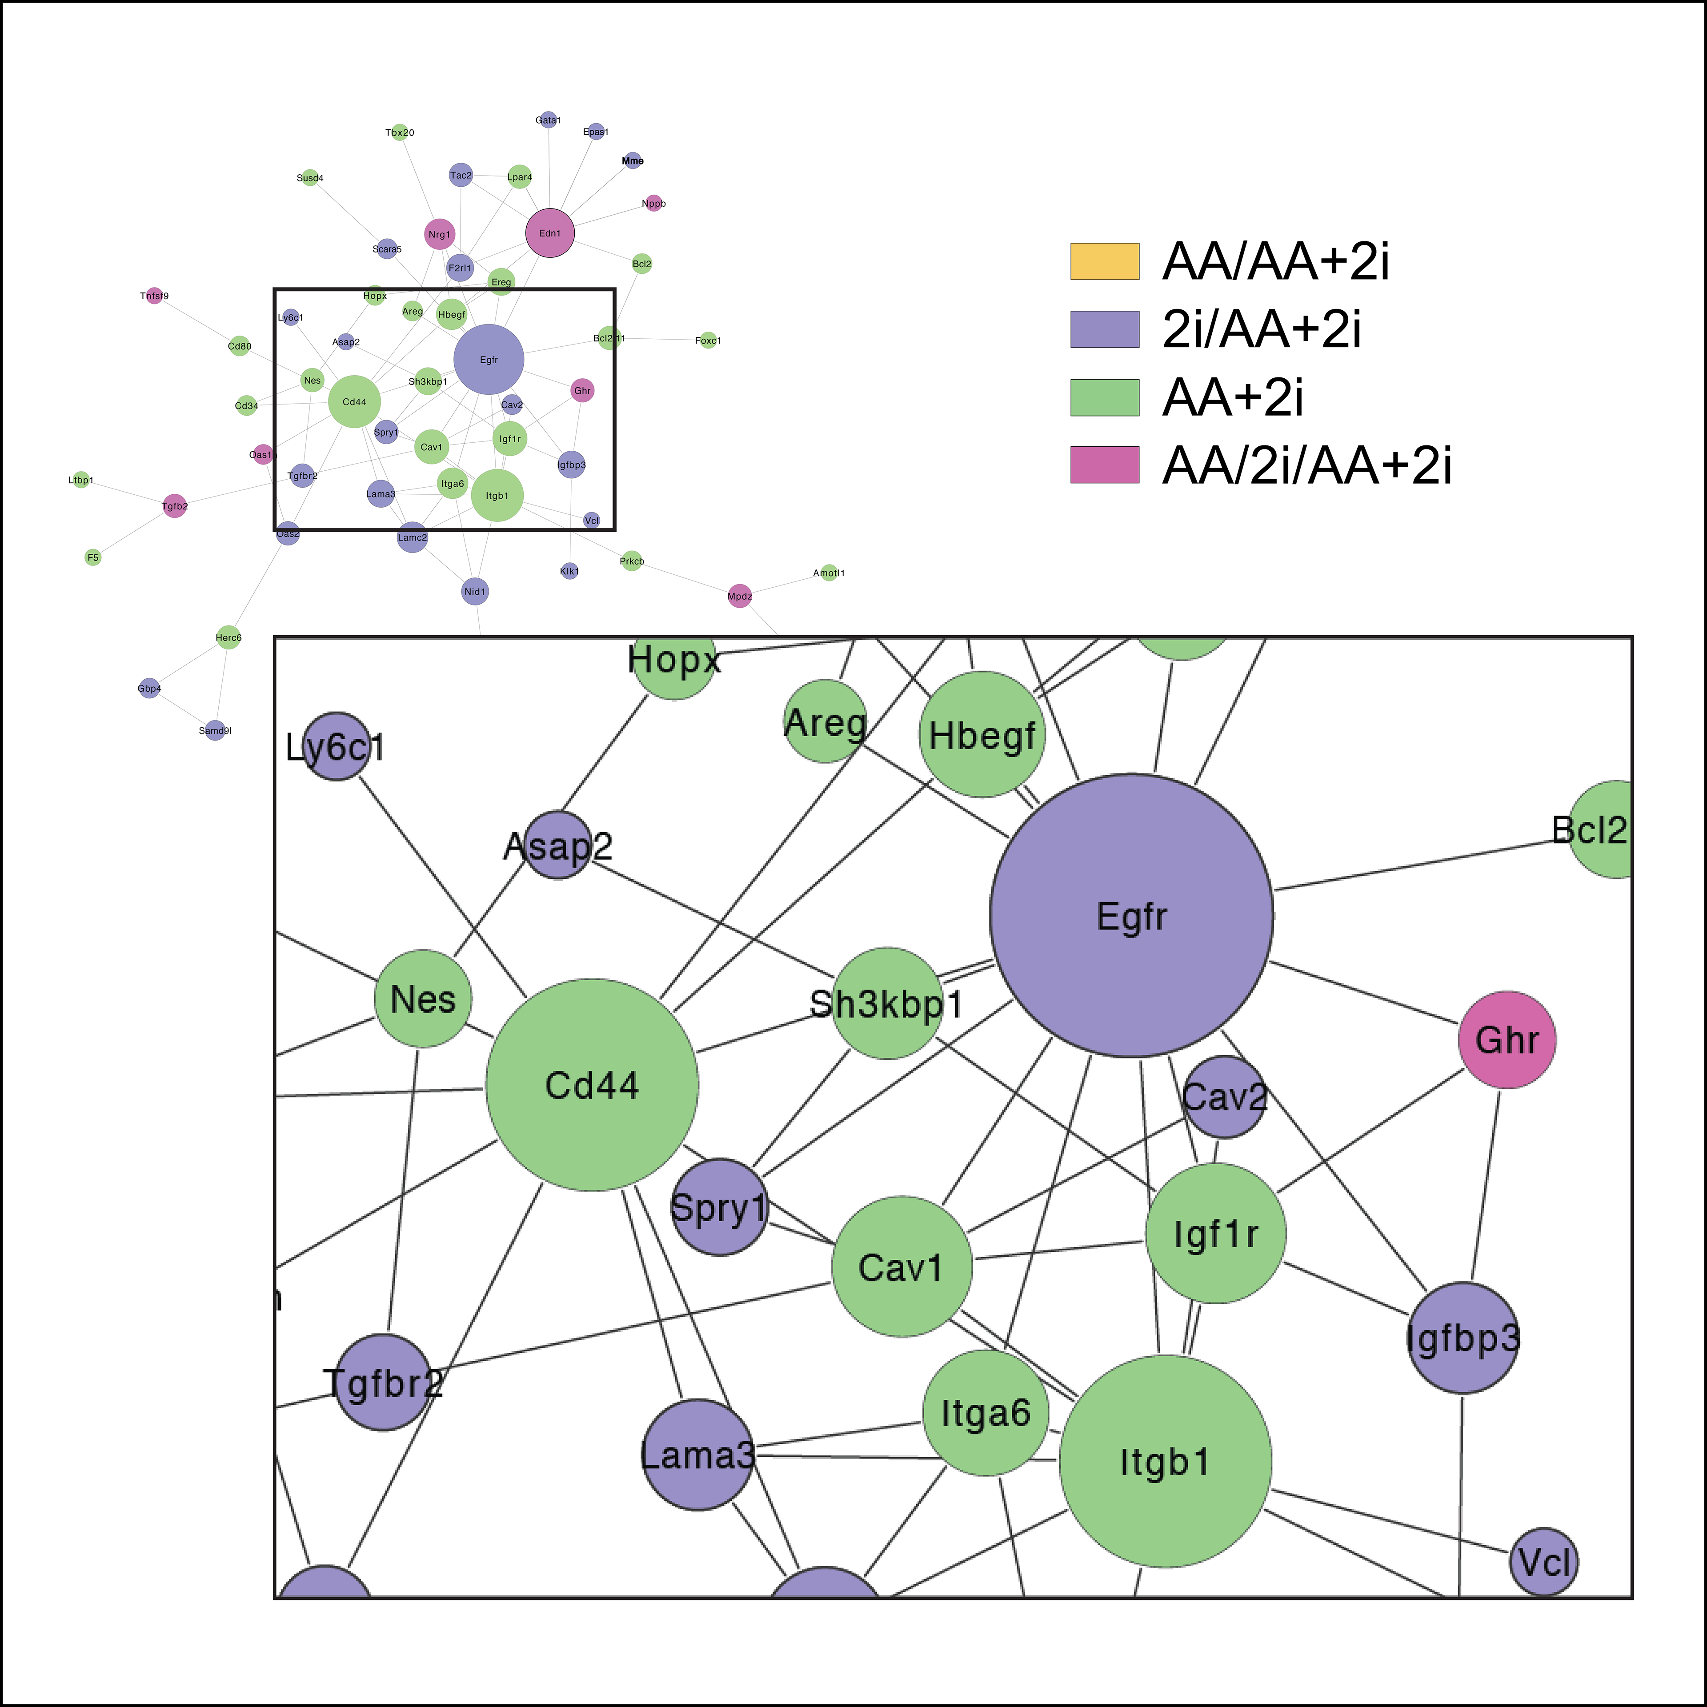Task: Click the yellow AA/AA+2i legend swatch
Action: (1104, 261)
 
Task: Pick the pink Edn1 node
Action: (549, 233)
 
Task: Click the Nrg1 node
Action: (439, 234)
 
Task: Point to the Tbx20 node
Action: (399, 132)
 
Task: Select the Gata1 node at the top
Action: (548, 119)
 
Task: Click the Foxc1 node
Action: (708, 340)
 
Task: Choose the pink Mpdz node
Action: (740, 597)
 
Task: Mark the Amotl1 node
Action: (829, 573)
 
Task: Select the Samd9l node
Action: (215, 731)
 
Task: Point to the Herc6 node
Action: (228, 637)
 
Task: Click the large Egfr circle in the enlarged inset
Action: (1131, 915)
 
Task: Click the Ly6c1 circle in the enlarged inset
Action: (336, 747)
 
